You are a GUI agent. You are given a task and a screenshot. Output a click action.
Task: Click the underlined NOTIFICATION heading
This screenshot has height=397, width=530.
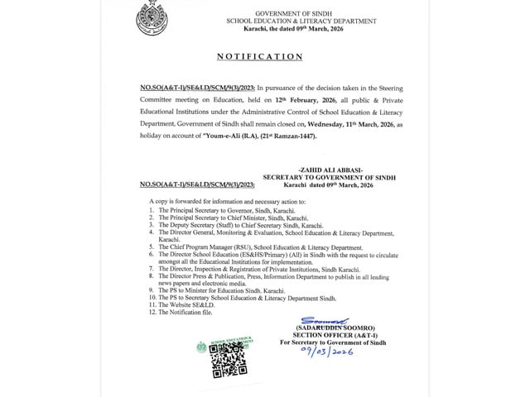[x=259, y=57]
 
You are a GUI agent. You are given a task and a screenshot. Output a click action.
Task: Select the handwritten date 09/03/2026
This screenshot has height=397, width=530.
[x=330, y=352]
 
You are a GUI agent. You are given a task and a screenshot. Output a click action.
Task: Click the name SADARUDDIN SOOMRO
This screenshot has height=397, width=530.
[x=327, y=324]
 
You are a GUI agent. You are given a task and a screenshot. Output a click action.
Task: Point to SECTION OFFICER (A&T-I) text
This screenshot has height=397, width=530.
[x=327, y=332]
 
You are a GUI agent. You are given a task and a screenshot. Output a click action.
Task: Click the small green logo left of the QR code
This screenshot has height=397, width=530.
[x=200, y=347]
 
